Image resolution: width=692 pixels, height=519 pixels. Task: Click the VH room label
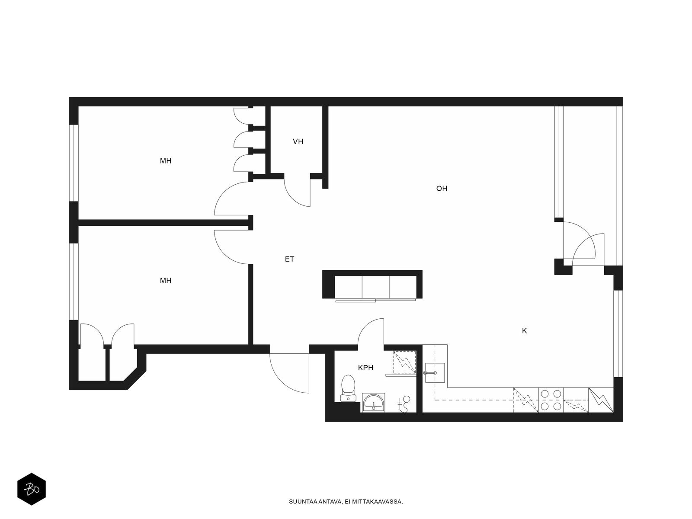click(x=298, y=141)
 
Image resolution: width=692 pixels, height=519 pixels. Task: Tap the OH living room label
click(x=442, y=189)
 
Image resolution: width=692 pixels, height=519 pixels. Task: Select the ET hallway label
click(x=289, y=259)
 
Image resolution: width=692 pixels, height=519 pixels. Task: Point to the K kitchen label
click(x=524, y=330)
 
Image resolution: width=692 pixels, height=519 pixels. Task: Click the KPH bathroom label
click(x=365, y=368)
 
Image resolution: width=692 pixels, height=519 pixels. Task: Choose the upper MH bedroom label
click(x=166, y=161)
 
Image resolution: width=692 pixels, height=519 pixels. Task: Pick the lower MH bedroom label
click(x=166, y=280)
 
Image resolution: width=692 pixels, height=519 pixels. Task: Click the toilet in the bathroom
click(x=348, y=388)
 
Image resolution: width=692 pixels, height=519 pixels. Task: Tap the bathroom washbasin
click(x=373, y=402)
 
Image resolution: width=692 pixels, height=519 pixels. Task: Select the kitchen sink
click(x=435, y=373)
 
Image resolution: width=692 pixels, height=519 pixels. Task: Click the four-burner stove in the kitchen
click(x=551, y=400)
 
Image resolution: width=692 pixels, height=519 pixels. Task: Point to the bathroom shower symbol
click(x=404, y=362)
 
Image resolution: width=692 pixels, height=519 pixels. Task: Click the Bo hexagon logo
click(x=32, y=489)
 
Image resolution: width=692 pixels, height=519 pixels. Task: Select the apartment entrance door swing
click(x=289, y=373)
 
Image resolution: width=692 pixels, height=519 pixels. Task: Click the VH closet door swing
click(x=297, y=192)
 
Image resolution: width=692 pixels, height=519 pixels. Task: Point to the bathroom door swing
click(x=371, y=332)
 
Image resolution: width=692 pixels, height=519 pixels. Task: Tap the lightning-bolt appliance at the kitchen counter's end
click(x=601, y=400)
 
